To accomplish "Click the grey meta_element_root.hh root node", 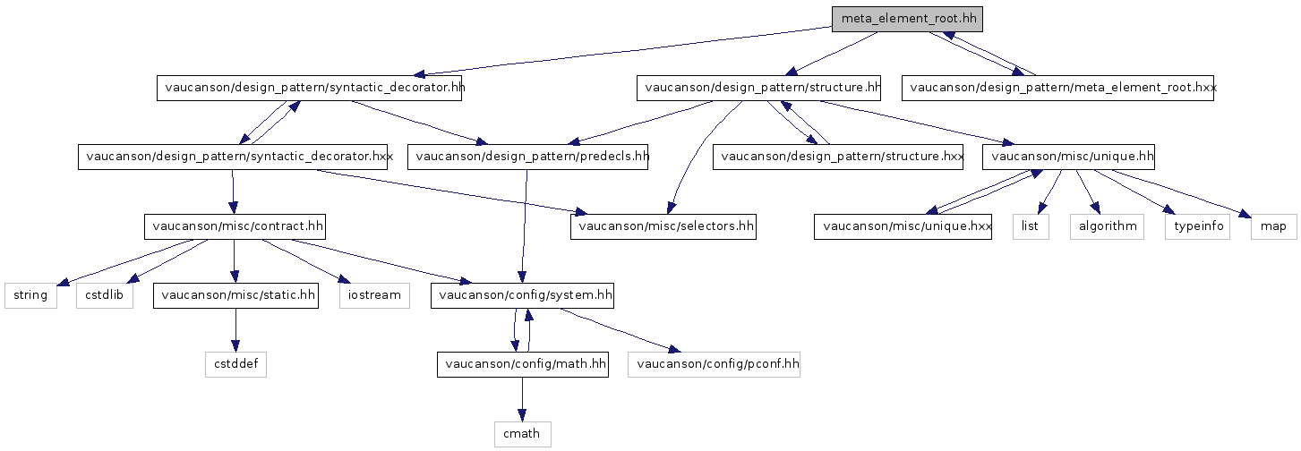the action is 907,19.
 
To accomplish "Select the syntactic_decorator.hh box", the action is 310,89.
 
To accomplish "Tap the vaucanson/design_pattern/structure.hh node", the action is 758,89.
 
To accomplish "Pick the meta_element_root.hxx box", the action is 1057,89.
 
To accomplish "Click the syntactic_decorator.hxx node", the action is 233,157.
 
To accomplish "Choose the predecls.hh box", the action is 528,157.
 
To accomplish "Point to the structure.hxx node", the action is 838,157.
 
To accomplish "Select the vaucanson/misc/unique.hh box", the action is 1069,157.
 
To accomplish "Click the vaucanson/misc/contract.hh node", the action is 235,226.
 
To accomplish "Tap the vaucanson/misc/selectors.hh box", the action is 663,226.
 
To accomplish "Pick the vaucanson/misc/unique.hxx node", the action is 903,226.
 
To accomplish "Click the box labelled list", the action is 1031,226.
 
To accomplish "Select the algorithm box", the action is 1107,226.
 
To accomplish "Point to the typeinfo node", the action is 1198,226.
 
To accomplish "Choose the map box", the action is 1274,226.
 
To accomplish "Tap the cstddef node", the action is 235,364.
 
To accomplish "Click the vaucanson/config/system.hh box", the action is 522,295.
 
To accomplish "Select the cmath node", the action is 523,434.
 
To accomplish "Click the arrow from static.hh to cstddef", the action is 235,330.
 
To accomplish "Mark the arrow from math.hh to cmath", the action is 522,399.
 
